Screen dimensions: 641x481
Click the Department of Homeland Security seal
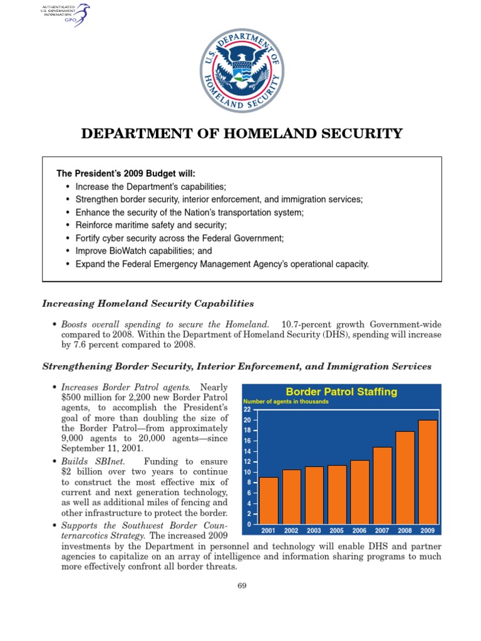241,71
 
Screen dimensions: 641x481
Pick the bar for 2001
268,501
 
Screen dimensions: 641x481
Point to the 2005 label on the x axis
336,530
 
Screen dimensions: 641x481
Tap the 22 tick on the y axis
247,409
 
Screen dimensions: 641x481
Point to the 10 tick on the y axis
247,472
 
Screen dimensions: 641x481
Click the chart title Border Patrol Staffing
341,392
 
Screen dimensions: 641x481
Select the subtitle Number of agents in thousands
286,402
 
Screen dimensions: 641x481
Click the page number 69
241,585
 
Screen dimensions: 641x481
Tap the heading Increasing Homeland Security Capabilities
148,304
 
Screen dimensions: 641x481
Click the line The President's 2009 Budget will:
130,173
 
